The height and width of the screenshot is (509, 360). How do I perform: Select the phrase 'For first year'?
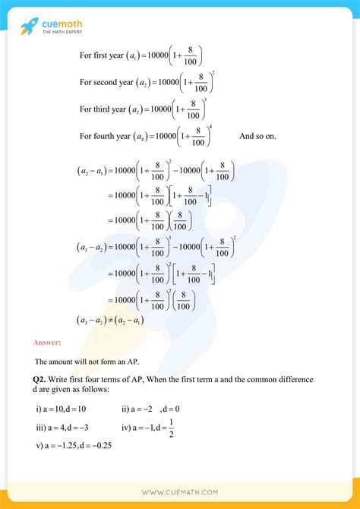click(x=106, y=55)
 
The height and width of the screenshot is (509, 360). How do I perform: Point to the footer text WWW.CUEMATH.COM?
click(x=180, y=493)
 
